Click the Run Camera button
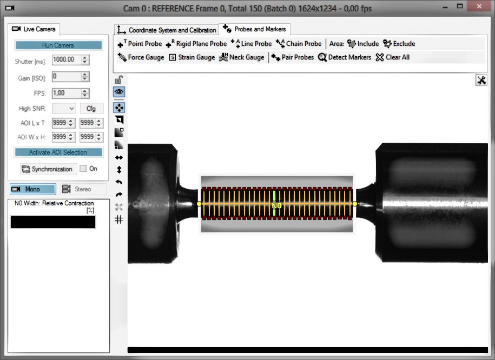58,45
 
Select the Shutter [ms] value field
67,59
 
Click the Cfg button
91,109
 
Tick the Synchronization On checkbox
83,169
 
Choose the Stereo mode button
83,189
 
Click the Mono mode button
33,189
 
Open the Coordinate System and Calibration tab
167,30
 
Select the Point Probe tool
140,44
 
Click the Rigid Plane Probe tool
196,44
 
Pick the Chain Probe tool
299,44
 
